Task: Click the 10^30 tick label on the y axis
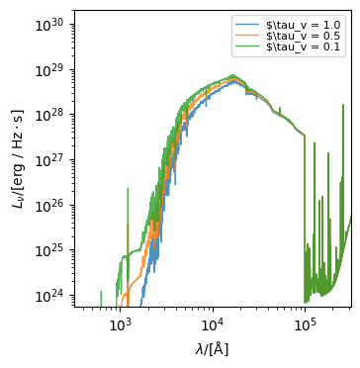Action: [51, 23]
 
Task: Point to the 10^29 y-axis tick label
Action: [51, 68]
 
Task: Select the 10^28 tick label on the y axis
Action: [51, 114]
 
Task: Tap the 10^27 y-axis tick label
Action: [51, 159]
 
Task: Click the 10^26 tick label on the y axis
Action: [51, 205]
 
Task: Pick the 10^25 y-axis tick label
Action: [51, 250]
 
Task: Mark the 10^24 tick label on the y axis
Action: [51, 296]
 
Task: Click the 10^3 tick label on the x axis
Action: [120, 323]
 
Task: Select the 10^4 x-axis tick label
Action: [212, 323]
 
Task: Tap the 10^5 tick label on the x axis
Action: [304, 323]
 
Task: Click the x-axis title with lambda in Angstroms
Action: [212, 348]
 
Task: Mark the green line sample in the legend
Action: [248, 46]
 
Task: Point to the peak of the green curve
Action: [233, 75]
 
